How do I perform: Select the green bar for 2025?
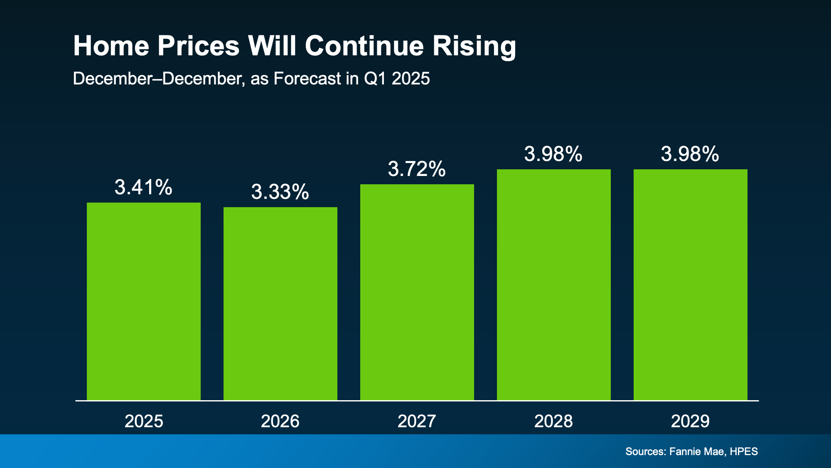[144, 302]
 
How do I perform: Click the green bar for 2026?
[280, 304]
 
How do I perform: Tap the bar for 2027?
[417, 292]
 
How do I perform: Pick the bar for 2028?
[554, 285]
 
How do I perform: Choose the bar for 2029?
[691, 285]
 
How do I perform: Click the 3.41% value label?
[143, 187]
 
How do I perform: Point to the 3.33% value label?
[280, 192]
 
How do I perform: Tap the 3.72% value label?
[417, 169]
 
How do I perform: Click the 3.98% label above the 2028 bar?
[553, 154]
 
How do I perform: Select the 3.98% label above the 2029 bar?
[690, 154]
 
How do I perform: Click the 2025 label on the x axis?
[144, 421]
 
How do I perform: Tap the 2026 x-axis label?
[280, 421]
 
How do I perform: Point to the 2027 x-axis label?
[417, 421]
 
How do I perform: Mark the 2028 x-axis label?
[553, 421]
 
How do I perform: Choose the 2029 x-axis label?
[690, 421]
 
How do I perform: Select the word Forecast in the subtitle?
[307, 79]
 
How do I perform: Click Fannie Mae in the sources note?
[697, 451]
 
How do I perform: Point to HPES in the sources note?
[744, 451]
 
